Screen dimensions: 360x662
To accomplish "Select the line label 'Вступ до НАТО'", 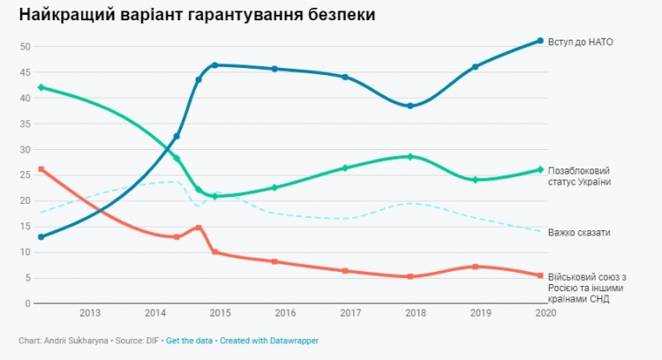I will coord(580,41).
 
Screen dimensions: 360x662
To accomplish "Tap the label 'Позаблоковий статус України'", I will coord(579,176).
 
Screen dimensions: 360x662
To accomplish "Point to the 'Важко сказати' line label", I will coord(579,232).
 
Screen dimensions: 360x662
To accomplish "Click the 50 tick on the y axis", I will coord(25,47).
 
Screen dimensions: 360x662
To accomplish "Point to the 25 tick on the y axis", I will coord(25,175).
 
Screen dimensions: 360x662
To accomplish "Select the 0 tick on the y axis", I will coord(27,304).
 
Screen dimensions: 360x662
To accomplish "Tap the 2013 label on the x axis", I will coord(89,313).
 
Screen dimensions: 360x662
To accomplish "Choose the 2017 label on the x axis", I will coord(350,313).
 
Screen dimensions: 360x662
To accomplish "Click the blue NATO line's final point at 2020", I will coord(540,41).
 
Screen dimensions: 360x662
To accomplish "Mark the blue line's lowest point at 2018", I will coord(410,106).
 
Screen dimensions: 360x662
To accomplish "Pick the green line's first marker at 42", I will coord(41,87).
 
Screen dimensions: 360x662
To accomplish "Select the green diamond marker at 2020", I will coord(540,169).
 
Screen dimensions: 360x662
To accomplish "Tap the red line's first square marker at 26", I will coord(41,169).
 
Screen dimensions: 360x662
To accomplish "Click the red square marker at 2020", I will coord(540,275).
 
